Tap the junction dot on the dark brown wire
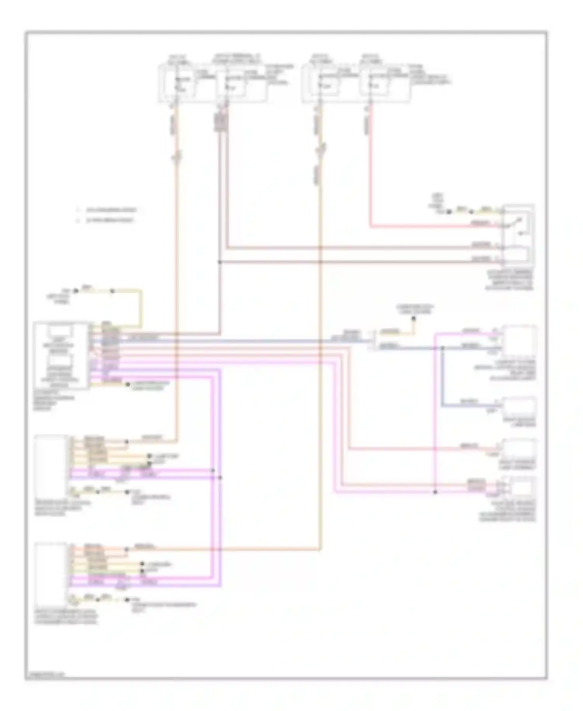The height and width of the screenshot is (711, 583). pos(220,262)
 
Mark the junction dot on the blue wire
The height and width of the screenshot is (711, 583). pos(442,348)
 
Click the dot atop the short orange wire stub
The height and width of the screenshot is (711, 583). pos(414,319)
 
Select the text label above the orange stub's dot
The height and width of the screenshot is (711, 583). pos(415,309)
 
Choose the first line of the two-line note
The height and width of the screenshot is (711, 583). pos(111,210)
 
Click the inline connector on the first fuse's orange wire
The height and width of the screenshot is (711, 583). pos(177,157)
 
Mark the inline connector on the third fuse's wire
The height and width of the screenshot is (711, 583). pos(321,149)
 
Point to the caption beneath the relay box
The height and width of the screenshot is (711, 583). pos(509,280)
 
